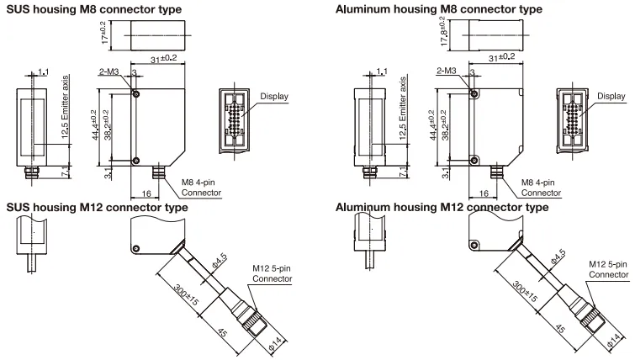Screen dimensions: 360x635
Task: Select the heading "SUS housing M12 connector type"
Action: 97,207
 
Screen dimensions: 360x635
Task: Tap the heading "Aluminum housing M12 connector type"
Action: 442,207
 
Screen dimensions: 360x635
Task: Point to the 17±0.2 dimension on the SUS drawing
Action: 102,34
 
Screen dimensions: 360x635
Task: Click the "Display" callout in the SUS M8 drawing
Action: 273,97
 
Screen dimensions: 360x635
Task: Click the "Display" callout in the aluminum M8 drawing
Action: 612,97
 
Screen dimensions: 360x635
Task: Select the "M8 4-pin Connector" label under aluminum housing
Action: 540,188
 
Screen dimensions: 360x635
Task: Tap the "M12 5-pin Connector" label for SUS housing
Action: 273,273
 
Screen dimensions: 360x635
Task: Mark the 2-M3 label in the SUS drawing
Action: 109,73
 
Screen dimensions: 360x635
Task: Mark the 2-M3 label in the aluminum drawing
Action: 447,73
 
